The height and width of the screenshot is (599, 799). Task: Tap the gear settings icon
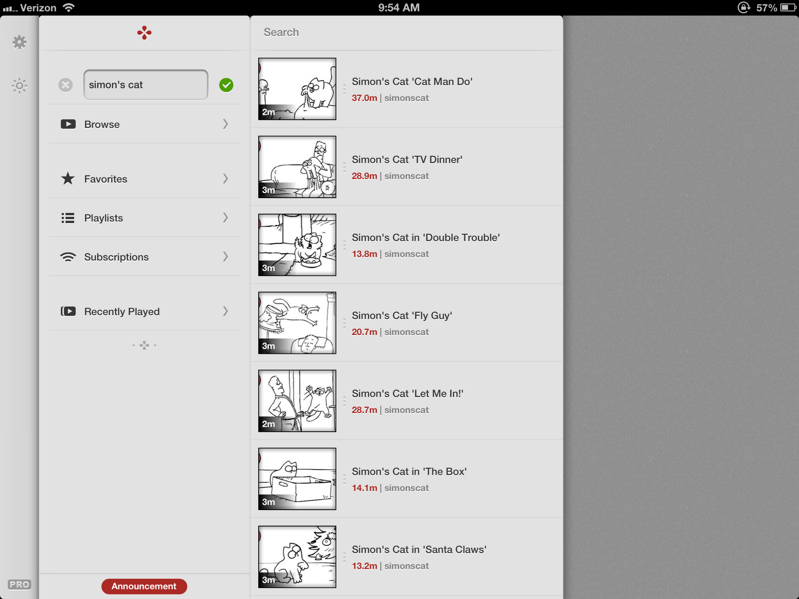(x=19, y=42)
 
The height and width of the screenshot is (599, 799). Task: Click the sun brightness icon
(x=19, y=86)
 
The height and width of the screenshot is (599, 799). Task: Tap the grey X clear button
(x=65, y=85)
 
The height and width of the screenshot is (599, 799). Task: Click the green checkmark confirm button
(x=226, y=85)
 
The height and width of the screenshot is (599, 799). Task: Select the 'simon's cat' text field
(x=146, y=85)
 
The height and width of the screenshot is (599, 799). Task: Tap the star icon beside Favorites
(x=68, y=179)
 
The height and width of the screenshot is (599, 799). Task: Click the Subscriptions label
(x=116, y=257)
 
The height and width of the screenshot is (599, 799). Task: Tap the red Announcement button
(x=144, y=586)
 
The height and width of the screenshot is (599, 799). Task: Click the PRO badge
(x=19, y=584)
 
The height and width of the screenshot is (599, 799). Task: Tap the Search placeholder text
(x=281, y=32)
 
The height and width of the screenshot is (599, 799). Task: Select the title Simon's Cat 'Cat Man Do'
(x=412, y=81)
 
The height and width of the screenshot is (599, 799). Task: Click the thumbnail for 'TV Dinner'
(x=297, y=167)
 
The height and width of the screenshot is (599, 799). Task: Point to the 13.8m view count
(x=365, y=254)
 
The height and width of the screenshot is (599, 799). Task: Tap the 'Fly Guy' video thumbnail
(x=297, y=323)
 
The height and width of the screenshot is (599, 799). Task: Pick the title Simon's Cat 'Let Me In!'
(x=407, y=393)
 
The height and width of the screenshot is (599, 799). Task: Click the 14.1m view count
(x=365, y=488)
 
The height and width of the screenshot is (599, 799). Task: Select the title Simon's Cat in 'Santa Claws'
(x=419, y=550)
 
